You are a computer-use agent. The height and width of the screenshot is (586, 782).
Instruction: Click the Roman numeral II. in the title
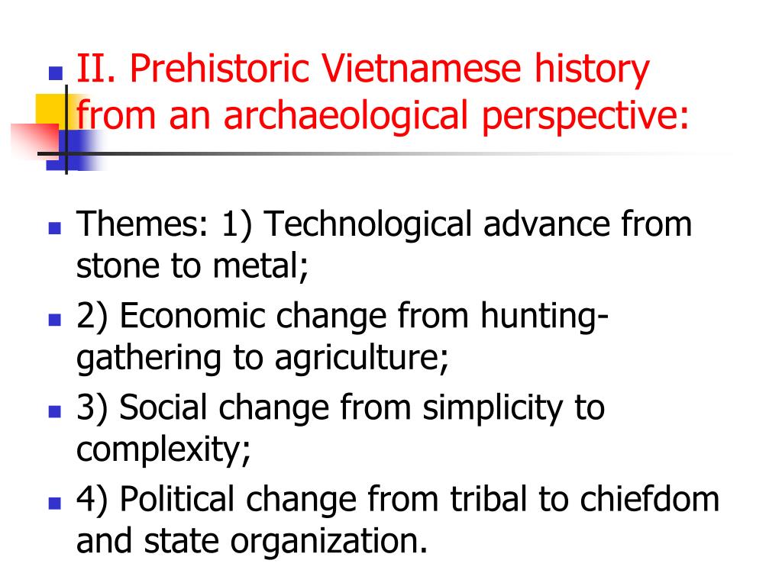(x=96, y=70)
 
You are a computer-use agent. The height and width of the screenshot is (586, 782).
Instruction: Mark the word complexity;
(x=163, y=451)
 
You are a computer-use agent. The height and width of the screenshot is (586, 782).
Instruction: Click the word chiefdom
(x=652, y=499)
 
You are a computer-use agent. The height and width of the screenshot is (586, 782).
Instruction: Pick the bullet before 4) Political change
(x=54, y=504)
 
